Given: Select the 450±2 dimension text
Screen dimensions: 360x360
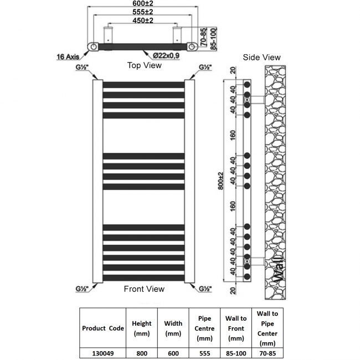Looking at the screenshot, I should (x=143, y=20).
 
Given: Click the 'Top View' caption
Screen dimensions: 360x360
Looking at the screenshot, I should (x=145, y=65).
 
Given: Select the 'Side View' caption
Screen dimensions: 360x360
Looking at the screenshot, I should (x=262, y=57).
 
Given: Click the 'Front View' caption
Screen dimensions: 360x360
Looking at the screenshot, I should (x=144, y=289).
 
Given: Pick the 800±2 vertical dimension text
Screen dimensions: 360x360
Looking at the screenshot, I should (x=221, y=181).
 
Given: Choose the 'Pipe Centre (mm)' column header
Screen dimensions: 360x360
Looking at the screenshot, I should (x=205, y=328).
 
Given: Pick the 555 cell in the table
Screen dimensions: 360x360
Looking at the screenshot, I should (x=205, y=351).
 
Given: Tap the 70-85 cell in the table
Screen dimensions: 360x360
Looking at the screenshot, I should (x=268, y=351).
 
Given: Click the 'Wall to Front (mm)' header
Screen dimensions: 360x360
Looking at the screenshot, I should (x=236, y=328).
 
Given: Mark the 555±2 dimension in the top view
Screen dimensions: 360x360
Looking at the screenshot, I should (x=143, y=12).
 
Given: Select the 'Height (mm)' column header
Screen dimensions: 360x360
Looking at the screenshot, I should (x=142, y=328).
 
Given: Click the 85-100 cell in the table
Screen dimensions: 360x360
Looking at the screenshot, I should (x=236, y=351).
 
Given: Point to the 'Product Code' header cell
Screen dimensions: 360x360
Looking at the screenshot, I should (x=102, y=328).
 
